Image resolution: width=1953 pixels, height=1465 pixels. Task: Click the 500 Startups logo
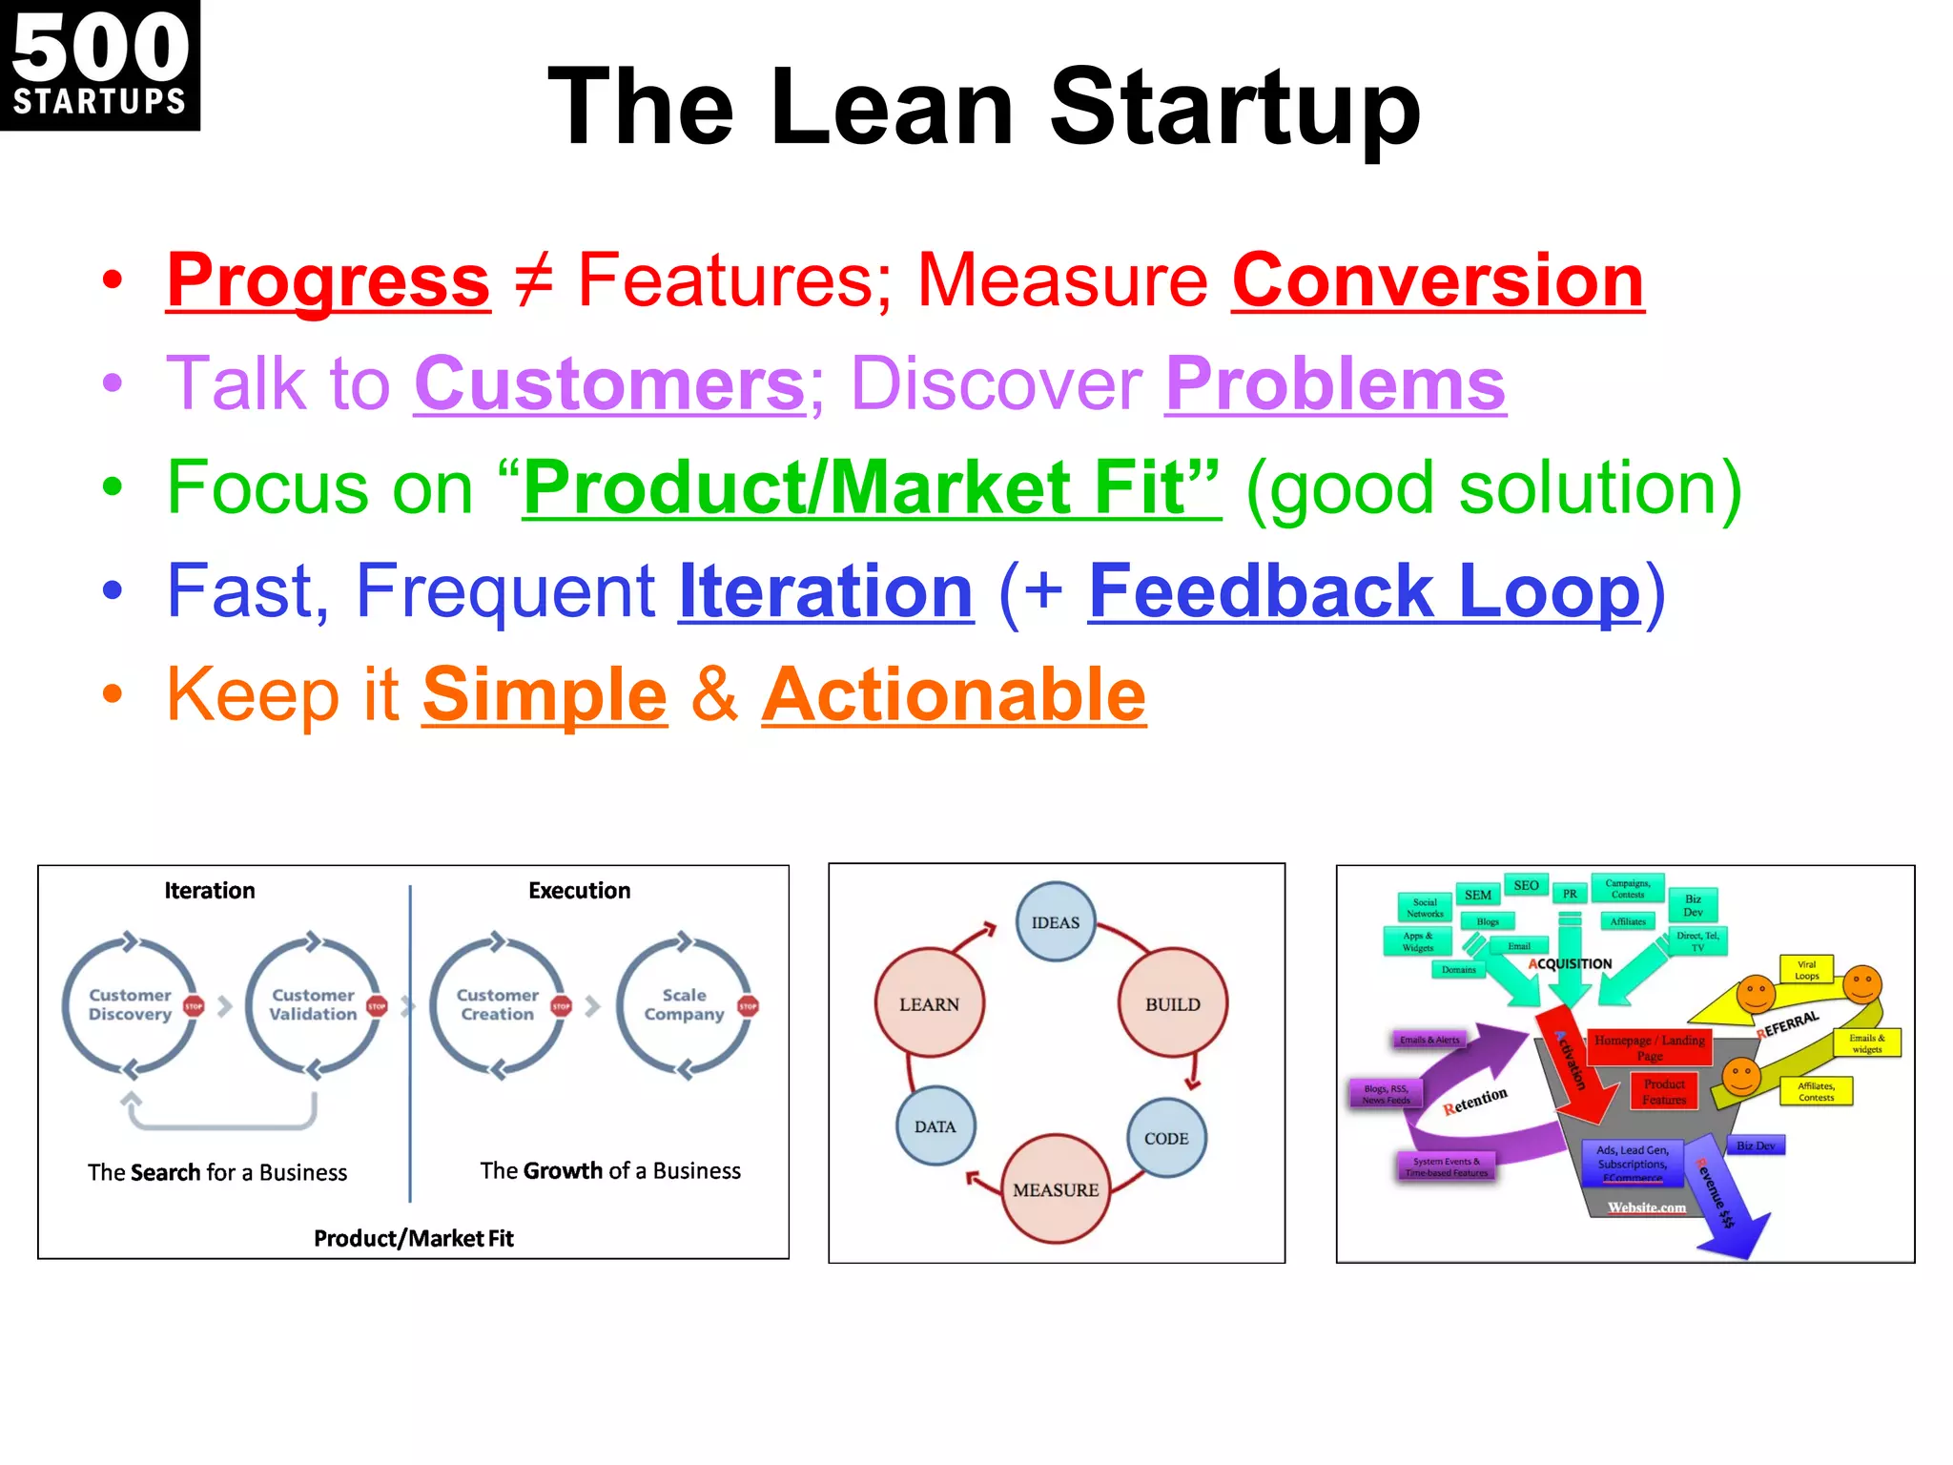(x=99, y=65)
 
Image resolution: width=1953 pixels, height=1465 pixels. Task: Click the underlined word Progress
(x=328, y=280)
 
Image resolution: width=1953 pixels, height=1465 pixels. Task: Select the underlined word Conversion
(x=1438, y=280)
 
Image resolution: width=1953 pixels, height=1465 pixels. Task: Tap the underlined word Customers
(x=610, y=384)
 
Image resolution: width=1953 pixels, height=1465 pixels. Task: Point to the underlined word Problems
(x=1335, y=384)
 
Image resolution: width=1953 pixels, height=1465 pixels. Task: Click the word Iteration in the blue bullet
(x=826, y=591)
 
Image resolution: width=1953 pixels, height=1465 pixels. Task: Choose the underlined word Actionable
(x=954, y=695)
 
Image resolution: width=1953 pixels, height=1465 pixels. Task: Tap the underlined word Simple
(x=545, y=695)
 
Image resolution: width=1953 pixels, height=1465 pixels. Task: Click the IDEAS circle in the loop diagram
(x=1056, y=922)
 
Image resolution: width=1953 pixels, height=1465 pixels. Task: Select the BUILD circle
(x=1173, y=1004)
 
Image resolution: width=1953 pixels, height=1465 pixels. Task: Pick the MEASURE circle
(x=1056, y=1189)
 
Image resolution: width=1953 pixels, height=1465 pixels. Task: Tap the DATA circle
(x=935, y=1126)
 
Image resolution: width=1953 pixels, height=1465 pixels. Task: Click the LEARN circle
(x=930, y=1004)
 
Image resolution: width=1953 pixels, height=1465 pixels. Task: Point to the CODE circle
(x=1166, y=1138)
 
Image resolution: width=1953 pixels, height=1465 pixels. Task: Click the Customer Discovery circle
(x=131, y=1005)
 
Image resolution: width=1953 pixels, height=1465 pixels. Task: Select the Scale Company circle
(x=684, y=1005)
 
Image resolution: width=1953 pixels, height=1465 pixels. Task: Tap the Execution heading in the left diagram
(x=580, y=891)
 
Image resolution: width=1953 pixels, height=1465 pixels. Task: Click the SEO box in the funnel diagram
(x=1526, y=886)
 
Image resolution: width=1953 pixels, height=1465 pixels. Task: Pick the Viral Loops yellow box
(x=1806, y=970)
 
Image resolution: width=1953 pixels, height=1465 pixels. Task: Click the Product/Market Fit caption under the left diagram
(x=414, y=1239)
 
